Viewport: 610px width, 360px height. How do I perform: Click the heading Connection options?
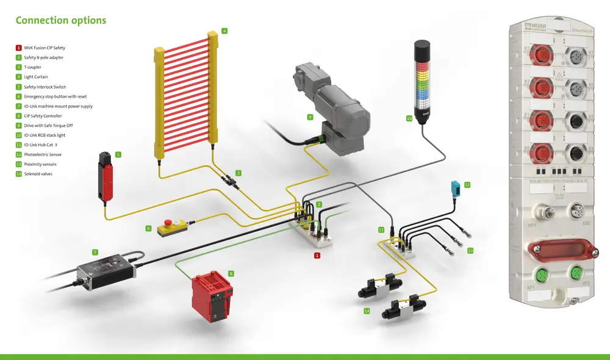60,20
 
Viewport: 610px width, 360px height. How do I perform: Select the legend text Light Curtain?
36,77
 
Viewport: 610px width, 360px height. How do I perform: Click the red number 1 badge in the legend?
18,48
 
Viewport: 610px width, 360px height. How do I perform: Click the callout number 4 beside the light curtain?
224,31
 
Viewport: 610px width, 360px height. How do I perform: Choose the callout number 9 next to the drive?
310,117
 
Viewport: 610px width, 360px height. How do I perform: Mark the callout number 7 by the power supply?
95,251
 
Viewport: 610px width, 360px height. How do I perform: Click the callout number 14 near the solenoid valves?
367,311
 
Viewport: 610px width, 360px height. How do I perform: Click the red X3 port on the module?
540,56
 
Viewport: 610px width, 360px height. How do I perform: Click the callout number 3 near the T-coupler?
239,173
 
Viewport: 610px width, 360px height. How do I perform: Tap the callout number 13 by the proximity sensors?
470,250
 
